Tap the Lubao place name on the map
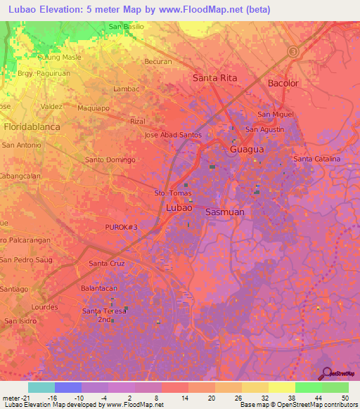[179, 208]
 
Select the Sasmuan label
[224, 211]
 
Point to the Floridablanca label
[32, 127]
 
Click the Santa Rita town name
[214, 78]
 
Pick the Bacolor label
[283, 83]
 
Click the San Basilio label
[127, 27]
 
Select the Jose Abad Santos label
[173, 135]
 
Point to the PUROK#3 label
[122, 228]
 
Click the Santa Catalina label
[316, 160]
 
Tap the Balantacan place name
[98, 288]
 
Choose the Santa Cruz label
[107, 264]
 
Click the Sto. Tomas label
[172, 192]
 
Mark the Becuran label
[157, 62]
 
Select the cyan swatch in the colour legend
[41, 387]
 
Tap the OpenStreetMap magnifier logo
[326, 372]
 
